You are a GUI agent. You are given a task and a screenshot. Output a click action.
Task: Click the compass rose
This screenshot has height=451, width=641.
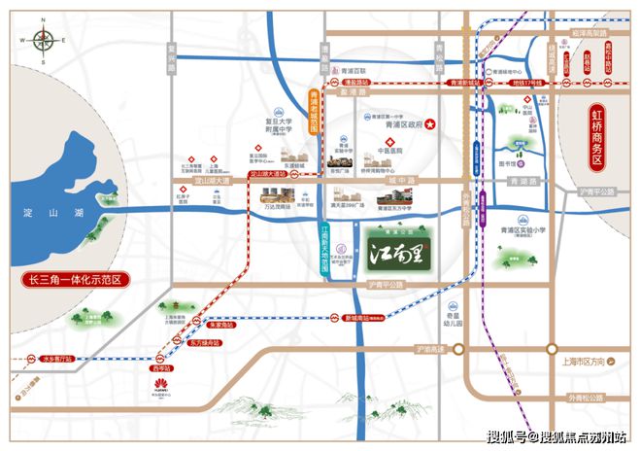coord(44,43)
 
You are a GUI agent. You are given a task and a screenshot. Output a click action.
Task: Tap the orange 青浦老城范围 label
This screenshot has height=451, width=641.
coord(314,118)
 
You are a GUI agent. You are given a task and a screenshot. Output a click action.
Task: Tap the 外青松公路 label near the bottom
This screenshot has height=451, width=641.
coord(591,398)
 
